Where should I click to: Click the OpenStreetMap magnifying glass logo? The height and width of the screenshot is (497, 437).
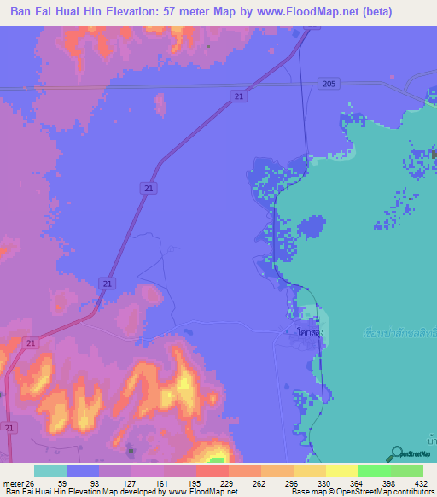click(396, 453)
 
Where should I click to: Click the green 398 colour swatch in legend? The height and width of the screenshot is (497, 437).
click(375, 471)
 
